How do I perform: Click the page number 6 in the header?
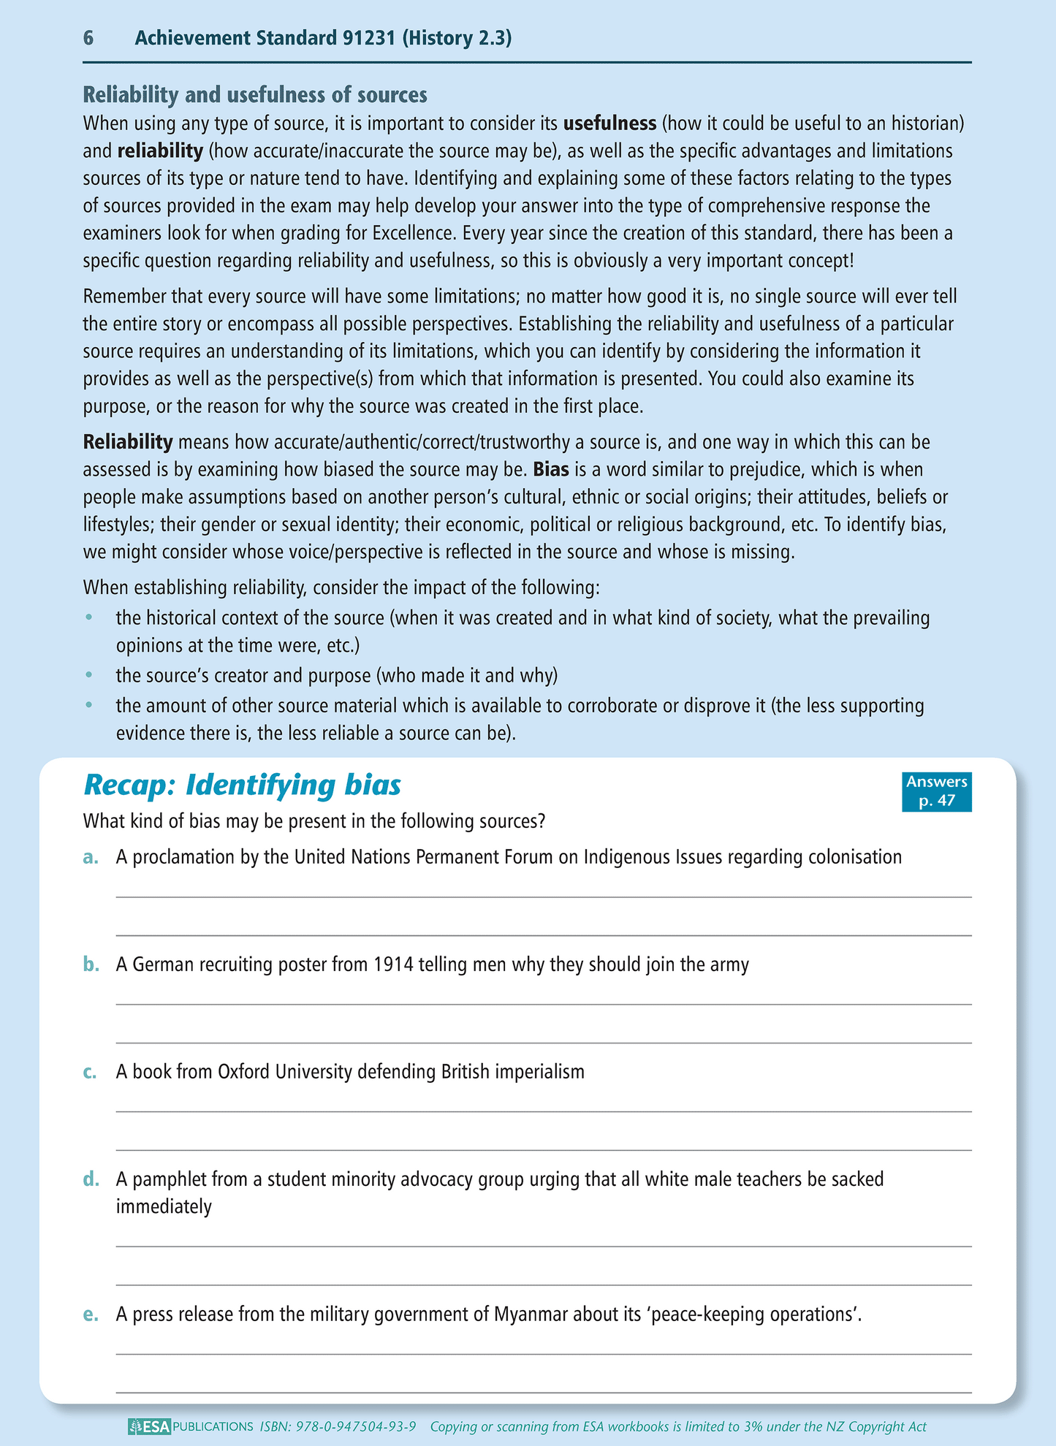pos(88,38)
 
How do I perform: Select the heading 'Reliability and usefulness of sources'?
pos(255,95)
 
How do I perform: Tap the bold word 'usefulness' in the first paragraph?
pos(609,123)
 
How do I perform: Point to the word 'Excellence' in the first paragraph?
pos(414,233)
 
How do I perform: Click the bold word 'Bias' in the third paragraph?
pos(551,469)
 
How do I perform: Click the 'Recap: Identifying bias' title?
pos(243,785)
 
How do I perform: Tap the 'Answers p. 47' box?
pos(936,791)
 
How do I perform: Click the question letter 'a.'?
pos(91,857)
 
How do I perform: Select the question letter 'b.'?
pos(91,964)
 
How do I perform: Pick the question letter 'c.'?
pos(90,1072)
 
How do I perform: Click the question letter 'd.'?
pos(91,1179)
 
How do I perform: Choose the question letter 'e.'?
pos(91,1314)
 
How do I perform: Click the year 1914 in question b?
pos(393,964)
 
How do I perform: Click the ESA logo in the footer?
pos(149,1426)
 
